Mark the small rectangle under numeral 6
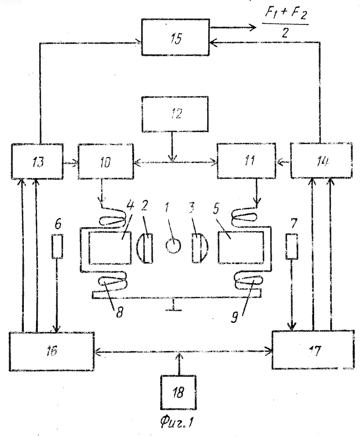tap(58, 246)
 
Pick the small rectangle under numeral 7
tap(292, 246)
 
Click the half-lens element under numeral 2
tap(145, 248)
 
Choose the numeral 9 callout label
tap(235, 317)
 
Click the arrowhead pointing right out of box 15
tap(253, 27)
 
